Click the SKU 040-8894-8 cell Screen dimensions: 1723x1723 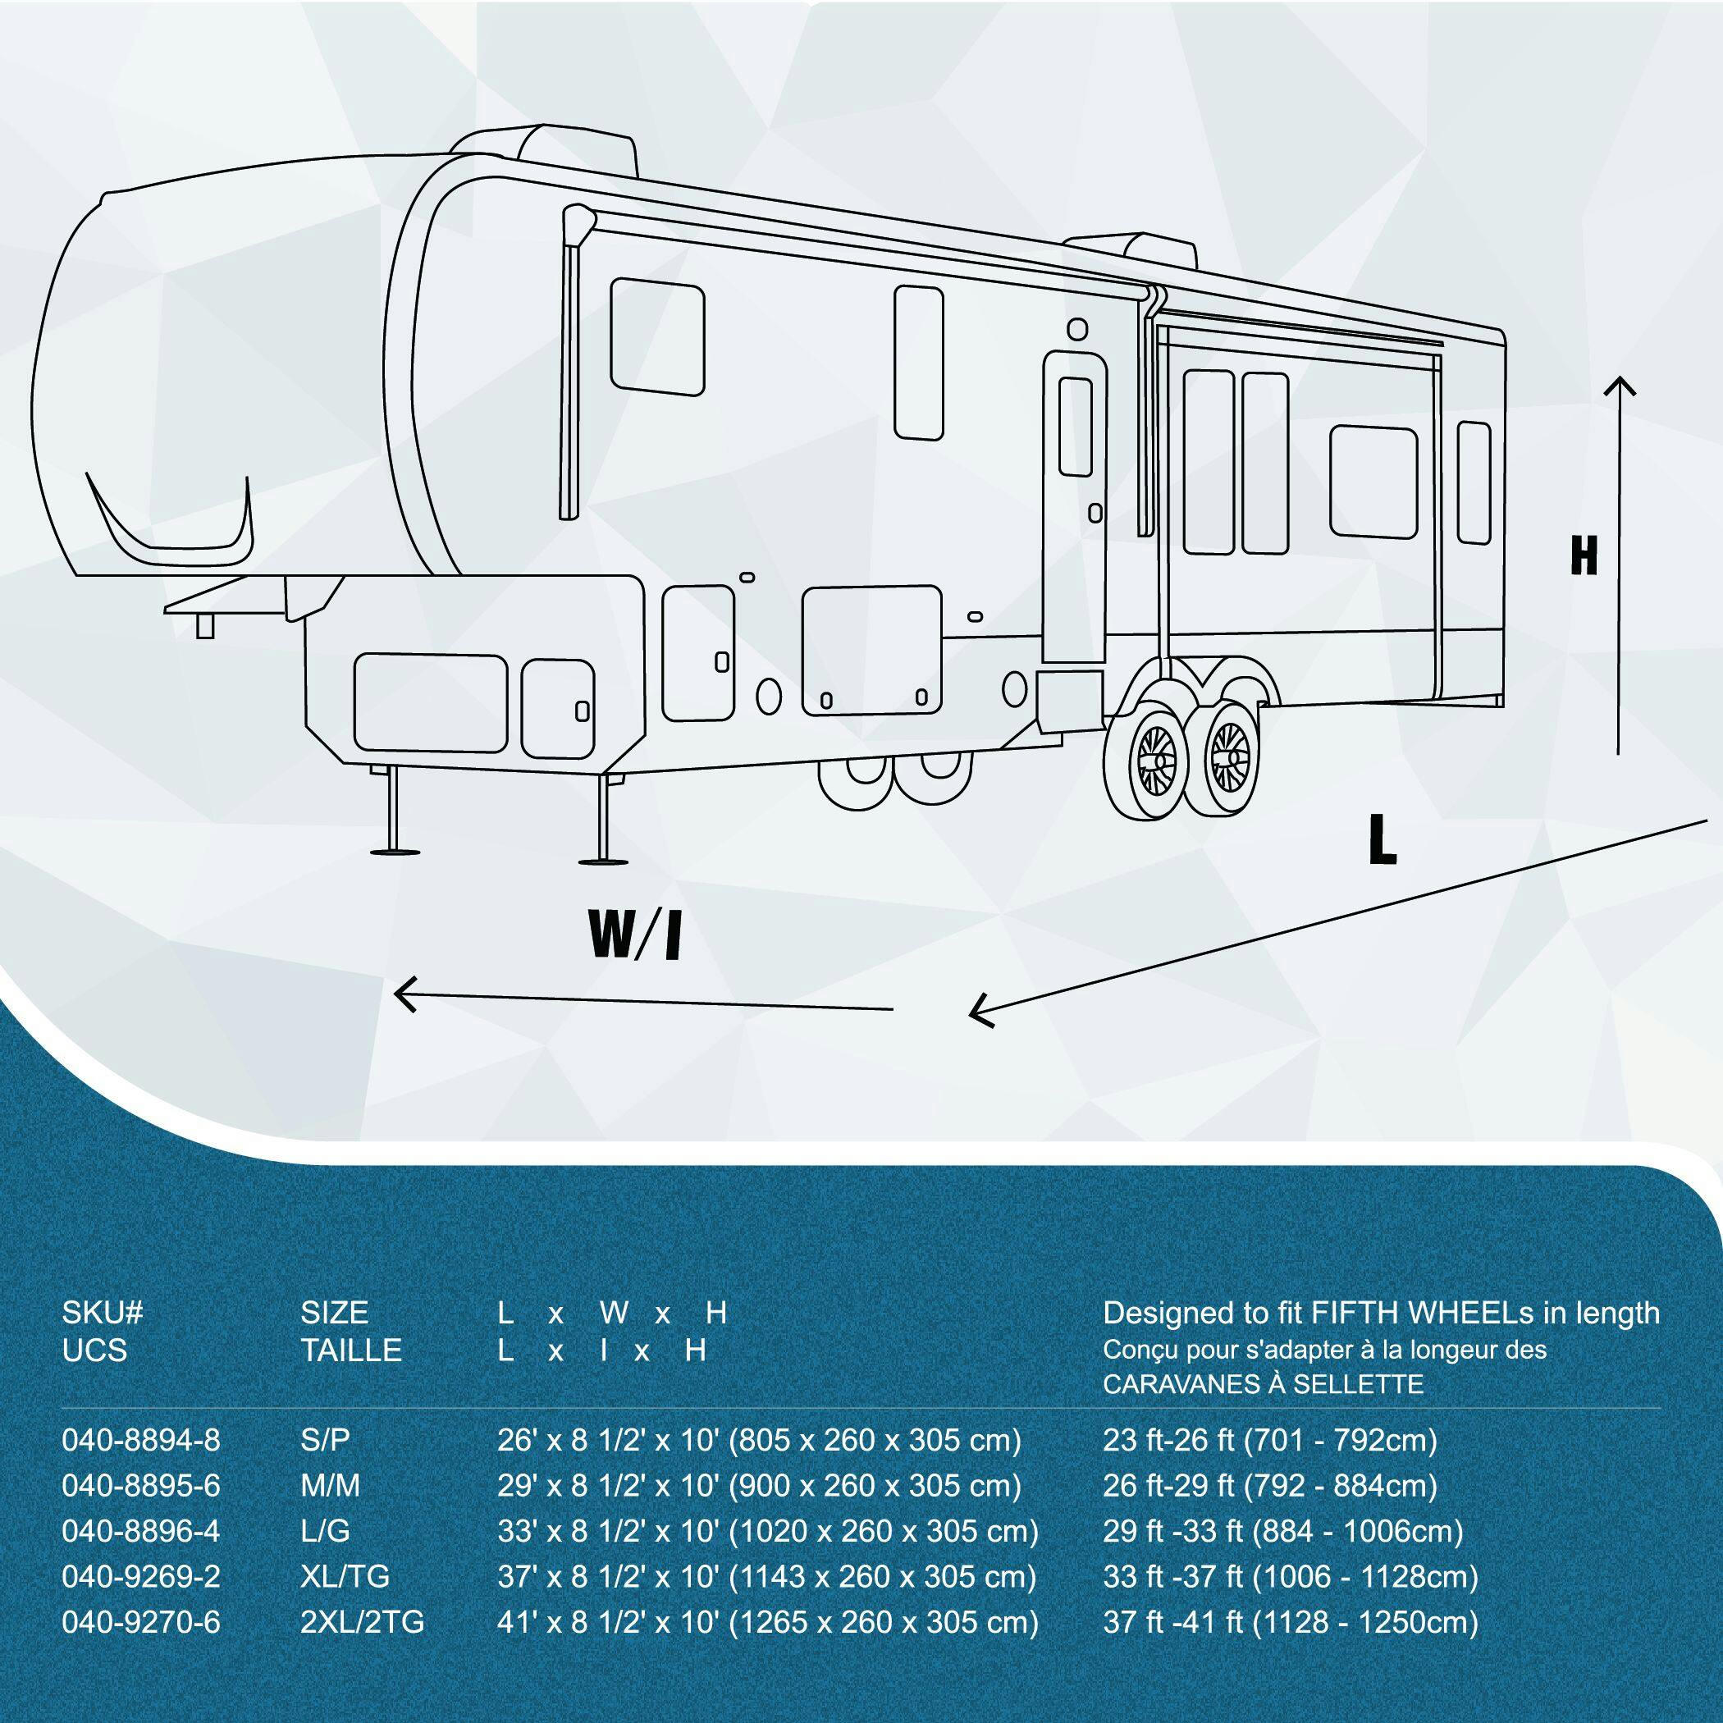(x=141, y=1440)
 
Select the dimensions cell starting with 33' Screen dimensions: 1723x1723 (x=768, y=1531)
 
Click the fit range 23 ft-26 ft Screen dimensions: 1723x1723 (x=1270, y=1440)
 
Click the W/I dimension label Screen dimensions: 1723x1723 (x=634, y=933)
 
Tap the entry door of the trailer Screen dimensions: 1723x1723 (x=1076, y=509)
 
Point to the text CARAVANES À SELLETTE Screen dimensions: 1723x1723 (x=1263, y=1385)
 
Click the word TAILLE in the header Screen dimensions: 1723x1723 (x=351, y=1350)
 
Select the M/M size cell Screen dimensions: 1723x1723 (x=330, y=1486)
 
